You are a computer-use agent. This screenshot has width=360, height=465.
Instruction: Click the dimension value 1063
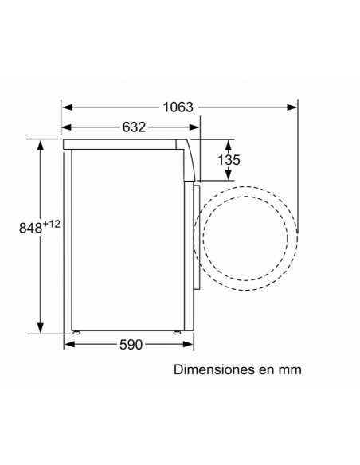click(178, 107)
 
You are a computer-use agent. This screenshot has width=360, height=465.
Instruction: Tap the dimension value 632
click(134, 127)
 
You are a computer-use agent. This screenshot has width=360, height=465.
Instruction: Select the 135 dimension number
click(229, 160)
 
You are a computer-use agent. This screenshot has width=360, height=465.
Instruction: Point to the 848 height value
click(31, 228)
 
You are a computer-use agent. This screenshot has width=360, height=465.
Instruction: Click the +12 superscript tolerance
click(52, 224)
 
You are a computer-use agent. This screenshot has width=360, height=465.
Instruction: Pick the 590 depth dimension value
click(131, 345)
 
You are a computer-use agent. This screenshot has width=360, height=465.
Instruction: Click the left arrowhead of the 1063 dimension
click(68, 107)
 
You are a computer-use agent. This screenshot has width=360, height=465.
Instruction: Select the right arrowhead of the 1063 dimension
click(292, 107)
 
